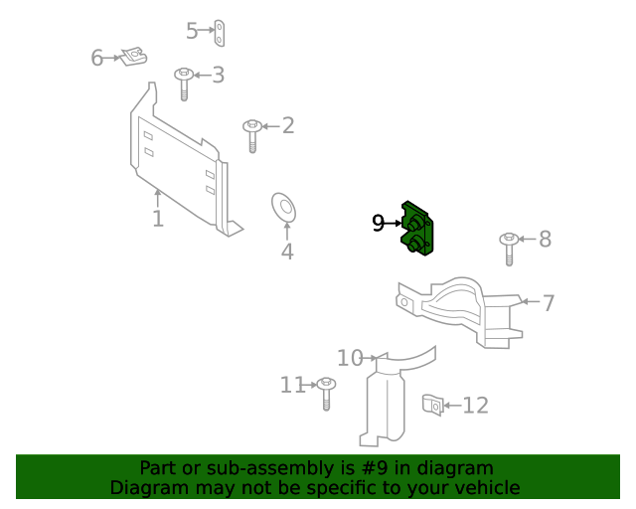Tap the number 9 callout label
(379, 224)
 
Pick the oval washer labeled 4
(285, 209)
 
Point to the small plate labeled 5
(224, 32)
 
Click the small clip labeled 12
(432, 405)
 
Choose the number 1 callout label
(158, 218)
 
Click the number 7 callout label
(549, 302)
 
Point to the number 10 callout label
(350, 358)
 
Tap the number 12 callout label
(476, 406)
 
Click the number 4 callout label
(287, 252)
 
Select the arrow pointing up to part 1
(157, 196)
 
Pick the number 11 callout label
(292, 385)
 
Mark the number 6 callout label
(97, 58)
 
